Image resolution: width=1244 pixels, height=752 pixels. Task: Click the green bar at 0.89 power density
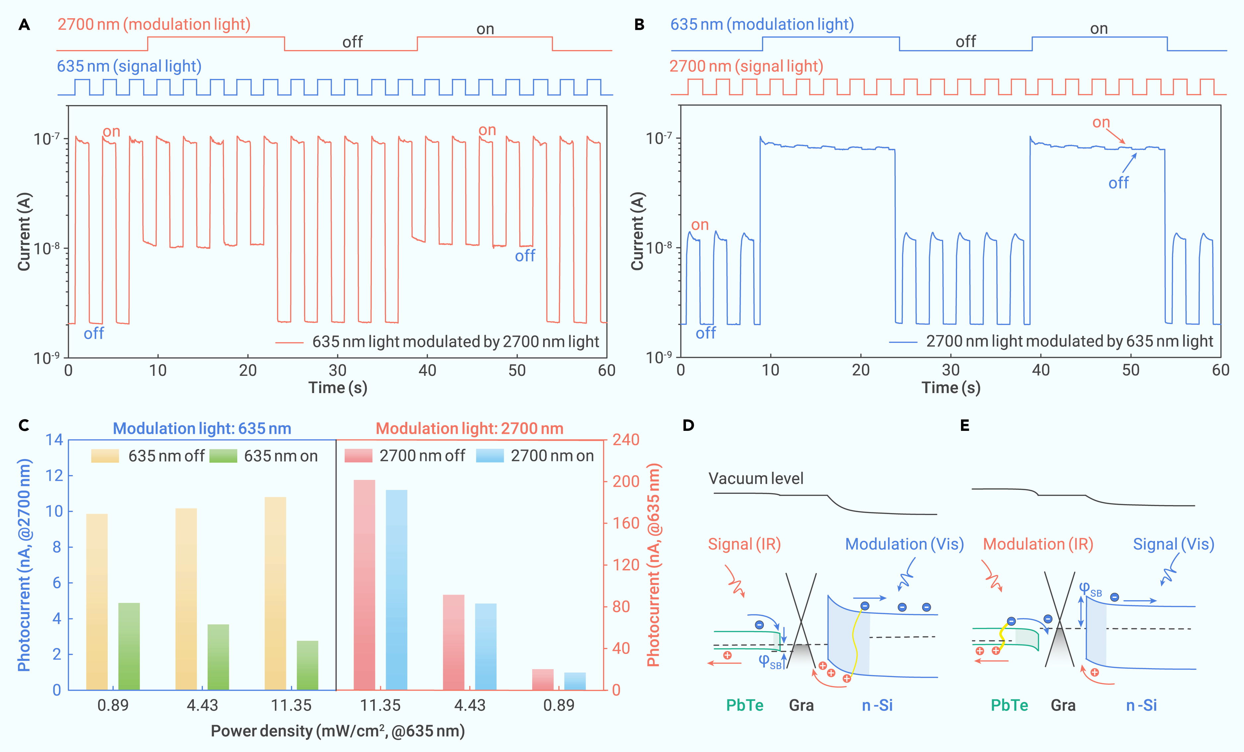click(129, 647)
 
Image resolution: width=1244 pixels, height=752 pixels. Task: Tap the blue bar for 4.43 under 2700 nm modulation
click(486, 647)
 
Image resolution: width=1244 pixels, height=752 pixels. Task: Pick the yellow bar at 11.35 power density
click(275, 594)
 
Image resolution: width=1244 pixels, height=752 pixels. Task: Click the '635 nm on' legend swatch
click(223, 456)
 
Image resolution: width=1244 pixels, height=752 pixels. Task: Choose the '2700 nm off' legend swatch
click(359, 456)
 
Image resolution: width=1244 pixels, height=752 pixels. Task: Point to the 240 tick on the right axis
click(626, 440)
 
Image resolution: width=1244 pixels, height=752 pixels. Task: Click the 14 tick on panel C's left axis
click(55, 440)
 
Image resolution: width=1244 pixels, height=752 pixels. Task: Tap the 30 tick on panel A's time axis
click(337, 371)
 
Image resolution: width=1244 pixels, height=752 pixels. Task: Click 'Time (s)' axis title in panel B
click(951, 388)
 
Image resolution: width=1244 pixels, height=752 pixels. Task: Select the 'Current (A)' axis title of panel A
click(24, 231)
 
